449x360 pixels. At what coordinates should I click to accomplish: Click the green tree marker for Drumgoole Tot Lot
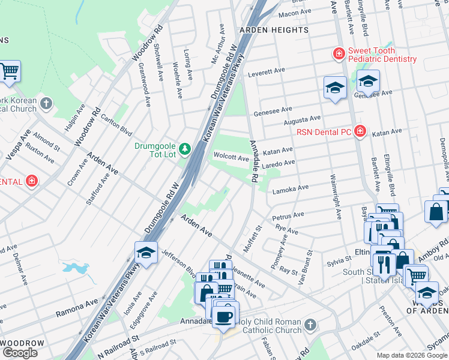click(185, 148)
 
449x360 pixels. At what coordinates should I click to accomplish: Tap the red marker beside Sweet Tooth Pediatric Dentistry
click(339, 54)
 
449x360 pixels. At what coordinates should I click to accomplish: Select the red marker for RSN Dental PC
click(360, 131)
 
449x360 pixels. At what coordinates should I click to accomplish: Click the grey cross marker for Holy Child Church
click(310, 325)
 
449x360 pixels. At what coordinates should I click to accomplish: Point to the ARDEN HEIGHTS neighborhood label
click(265, 29)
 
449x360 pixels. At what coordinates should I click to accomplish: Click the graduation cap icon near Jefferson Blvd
click(146, 253)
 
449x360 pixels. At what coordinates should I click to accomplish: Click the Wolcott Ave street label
click(231, 158)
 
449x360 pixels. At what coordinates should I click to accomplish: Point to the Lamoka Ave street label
click(290, 190)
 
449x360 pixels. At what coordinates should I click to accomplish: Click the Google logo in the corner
click(20, 353)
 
